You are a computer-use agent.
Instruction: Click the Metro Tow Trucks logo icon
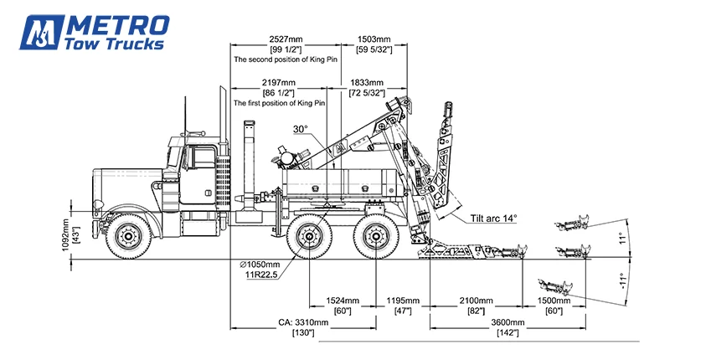41,32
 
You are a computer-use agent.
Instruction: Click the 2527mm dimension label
286,39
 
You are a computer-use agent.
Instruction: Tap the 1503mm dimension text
374,39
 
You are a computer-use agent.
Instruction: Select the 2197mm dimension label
279,83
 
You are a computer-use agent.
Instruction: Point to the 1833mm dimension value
367,83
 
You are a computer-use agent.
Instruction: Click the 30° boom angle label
301,129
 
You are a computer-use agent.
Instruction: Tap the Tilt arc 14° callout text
494,219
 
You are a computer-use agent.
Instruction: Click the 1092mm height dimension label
65,234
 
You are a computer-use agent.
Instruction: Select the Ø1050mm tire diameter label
260,265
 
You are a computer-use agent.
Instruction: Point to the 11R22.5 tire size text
261,275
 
